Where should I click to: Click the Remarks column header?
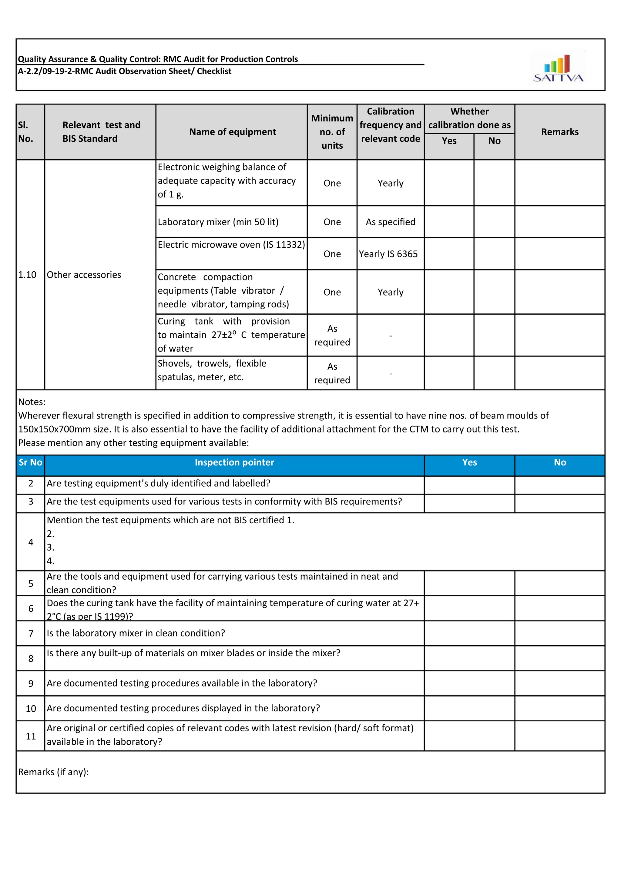559,132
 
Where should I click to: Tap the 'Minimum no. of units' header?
332,132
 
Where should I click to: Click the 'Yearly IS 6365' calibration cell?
388,254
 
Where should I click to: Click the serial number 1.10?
27,275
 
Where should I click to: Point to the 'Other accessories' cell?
84,275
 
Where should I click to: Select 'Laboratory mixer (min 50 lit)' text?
218,222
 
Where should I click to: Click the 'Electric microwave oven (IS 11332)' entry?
231,244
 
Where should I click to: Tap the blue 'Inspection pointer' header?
234,462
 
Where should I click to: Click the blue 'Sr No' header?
30,462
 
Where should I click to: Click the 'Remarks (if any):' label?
54,772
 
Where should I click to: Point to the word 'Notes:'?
32,402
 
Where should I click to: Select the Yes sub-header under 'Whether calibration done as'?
449,141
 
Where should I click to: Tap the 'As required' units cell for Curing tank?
332,335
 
